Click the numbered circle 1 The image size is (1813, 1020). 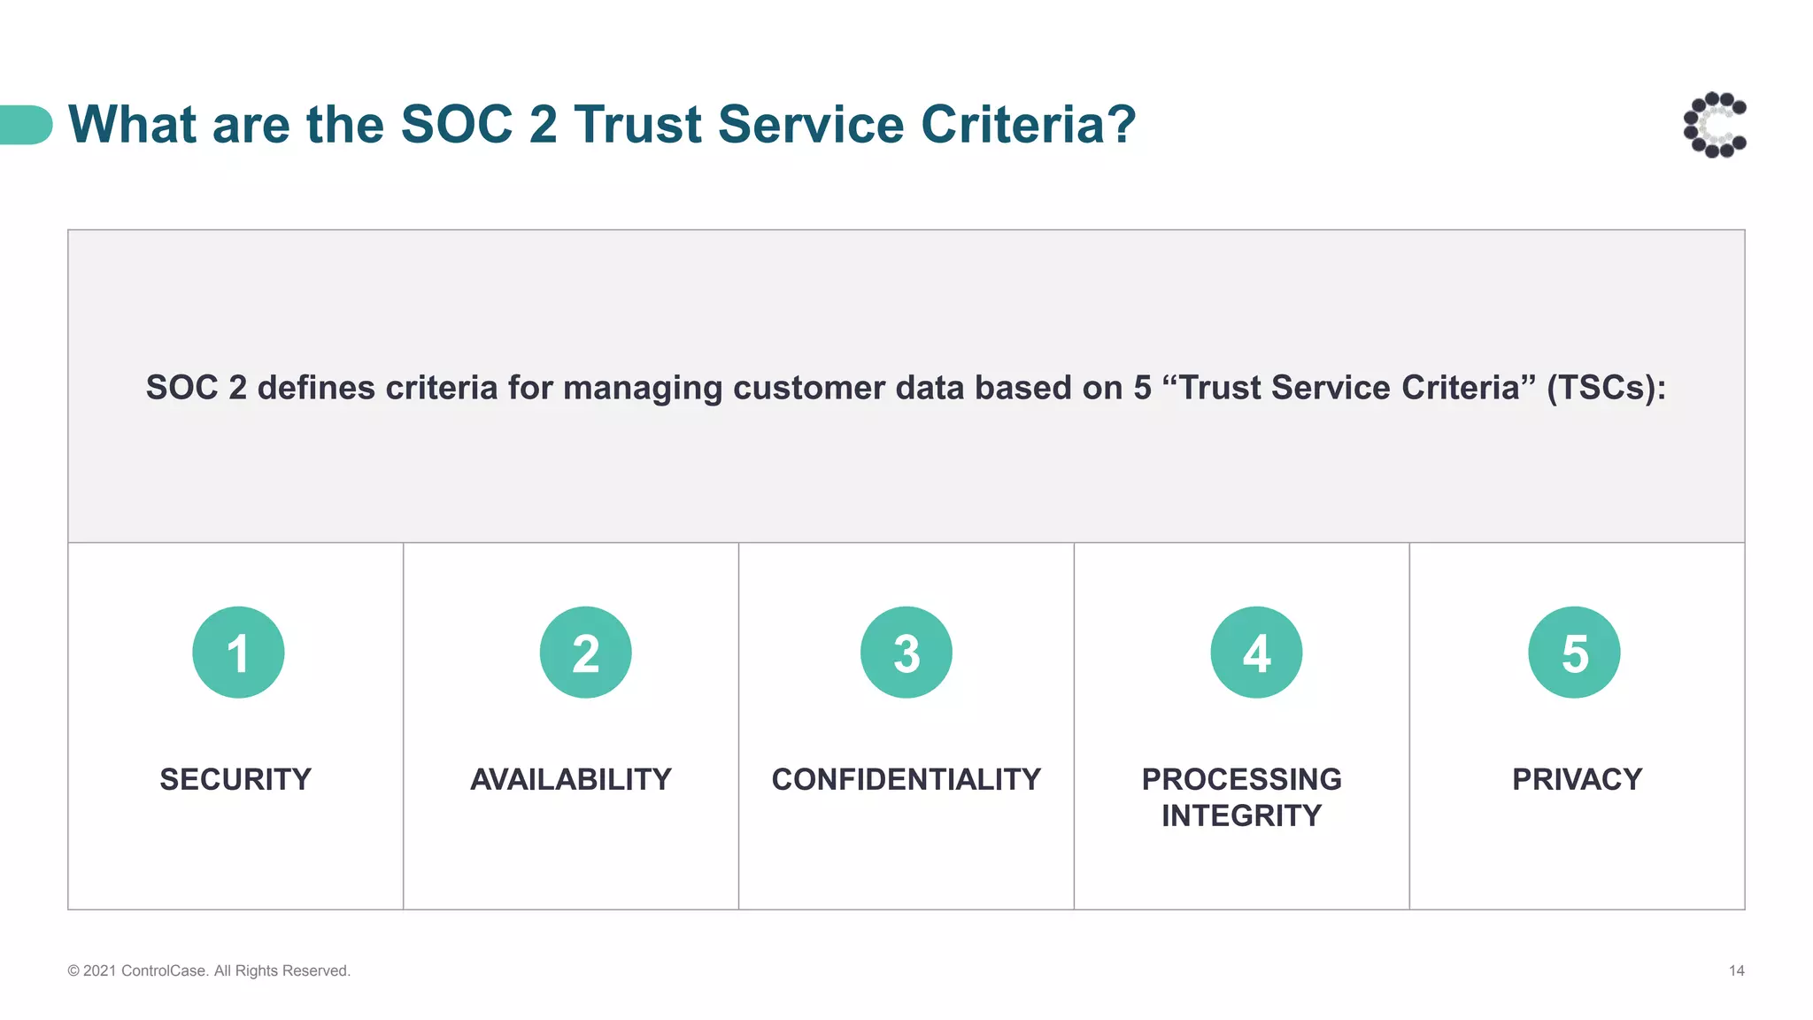tap(238, 653)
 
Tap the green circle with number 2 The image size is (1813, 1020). tap(585, 653)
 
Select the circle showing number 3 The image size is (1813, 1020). tap(906, 653)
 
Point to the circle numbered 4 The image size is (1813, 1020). tap(1256, 653)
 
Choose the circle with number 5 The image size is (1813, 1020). tap(1574, 653)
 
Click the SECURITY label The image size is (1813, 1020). tap(235, 779)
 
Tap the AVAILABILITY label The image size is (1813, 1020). tap(571, 779)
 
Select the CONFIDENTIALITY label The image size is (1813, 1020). tap(906, 779)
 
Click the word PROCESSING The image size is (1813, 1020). tap(1241, 779)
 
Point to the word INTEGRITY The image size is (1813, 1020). tap(1241, 815)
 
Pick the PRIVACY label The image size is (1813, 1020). tap(1577, 779)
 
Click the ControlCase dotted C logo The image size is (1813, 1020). tap(1715, 125)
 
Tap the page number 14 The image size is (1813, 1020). tap(1736, 971)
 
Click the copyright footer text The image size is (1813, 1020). tap(209, 971)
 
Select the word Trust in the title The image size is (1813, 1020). tap(637, 124)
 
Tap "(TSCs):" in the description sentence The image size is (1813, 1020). tap(1606, 388)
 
